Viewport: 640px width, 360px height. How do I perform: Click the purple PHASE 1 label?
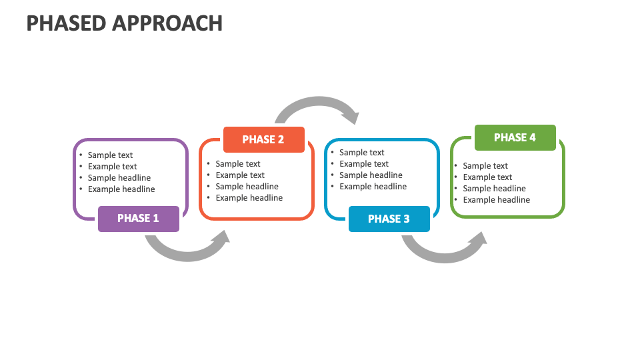click(138, 219)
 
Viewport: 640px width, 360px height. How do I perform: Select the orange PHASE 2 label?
click(263, 140)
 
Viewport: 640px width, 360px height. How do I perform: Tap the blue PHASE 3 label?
click(389, 219)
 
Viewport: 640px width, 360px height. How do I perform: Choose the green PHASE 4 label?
click(515, 138)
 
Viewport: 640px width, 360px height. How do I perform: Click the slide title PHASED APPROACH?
click(125, 23)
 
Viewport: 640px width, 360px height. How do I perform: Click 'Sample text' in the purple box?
click(111, 155)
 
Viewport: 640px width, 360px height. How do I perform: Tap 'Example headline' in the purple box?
click(121, 189)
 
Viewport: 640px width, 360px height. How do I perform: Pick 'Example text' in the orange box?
click(240, 175)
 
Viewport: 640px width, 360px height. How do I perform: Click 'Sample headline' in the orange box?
click(247, 187)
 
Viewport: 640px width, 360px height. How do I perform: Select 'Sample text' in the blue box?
click(362, 153)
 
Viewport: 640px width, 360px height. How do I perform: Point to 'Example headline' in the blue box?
click(373, 187)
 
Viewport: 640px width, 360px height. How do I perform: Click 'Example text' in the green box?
click(487, 177)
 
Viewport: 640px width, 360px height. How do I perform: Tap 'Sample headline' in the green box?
click(494, 189)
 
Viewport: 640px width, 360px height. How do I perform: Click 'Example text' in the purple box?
click(112, 167)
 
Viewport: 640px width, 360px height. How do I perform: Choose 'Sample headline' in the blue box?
click(371, 175)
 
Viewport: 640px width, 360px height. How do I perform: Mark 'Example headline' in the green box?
click(497, 200)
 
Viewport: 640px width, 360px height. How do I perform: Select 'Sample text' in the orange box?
click(238, 164)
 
